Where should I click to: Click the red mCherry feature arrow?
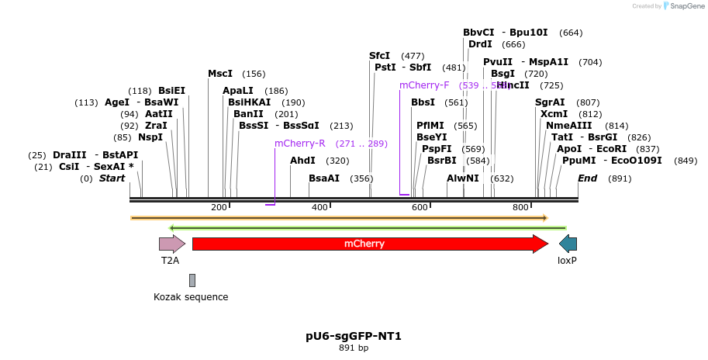[369, 244]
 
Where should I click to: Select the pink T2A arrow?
[167, 244]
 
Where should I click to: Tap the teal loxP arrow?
[568, 244]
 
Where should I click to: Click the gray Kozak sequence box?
[192, 280]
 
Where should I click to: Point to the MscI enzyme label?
[220, 74]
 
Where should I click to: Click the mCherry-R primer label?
[299, 144]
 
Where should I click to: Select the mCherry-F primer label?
[424, 85]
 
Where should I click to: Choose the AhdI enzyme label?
[302, 161]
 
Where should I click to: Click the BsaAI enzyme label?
[324, 178]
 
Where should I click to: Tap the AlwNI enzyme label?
[463, 178]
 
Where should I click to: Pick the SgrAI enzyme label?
[550, 102]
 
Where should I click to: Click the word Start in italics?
[112, 178]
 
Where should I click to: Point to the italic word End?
[588, 178]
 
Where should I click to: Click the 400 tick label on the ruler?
[319, 207]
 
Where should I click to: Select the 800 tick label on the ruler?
[520, 207]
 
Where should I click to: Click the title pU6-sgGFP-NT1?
[354, 336]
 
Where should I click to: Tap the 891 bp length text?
[354, 348]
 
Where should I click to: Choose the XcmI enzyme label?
[549, 114]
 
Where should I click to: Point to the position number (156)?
[254, 74]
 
